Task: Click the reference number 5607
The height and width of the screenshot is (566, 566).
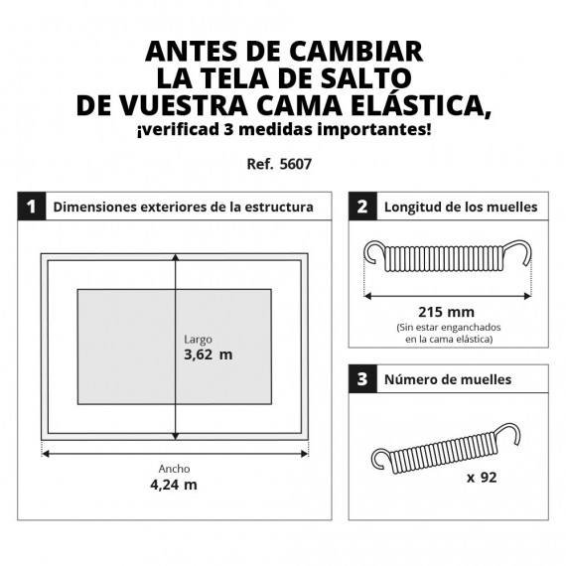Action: click(296, 164)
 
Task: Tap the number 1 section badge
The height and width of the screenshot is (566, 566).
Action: click(32, 207)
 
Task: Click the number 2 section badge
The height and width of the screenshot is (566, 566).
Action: click(362, 207)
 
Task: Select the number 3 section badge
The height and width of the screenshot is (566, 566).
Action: click(362, 379)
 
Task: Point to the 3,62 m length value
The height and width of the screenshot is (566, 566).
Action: click(209, 354)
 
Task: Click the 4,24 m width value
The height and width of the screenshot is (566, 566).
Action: click(174, 485)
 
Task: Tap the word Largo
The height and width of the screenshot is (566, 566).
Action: click(198, 340)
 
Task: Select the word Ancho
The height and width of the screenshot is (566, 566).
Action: click(174, 469)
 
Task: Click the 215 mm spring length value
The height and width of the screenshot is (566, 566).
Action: click(446, 312)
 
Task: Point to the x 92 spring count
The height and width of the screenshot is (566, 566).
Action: click(482, 478)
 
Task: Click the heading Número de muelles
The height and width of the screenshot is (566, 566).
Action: click(448, 379)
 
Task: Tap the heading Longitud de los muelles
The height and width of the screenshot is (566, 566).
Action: click(461, 208)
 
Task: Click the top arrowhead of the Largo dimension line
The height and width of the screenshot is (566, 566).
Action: click(176, 257)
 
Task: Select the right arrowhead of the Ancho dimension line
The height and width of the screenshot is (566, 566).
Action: click(304, 454)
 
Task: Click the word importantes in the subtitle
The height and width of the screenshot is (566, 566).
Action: click(374, 130)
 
